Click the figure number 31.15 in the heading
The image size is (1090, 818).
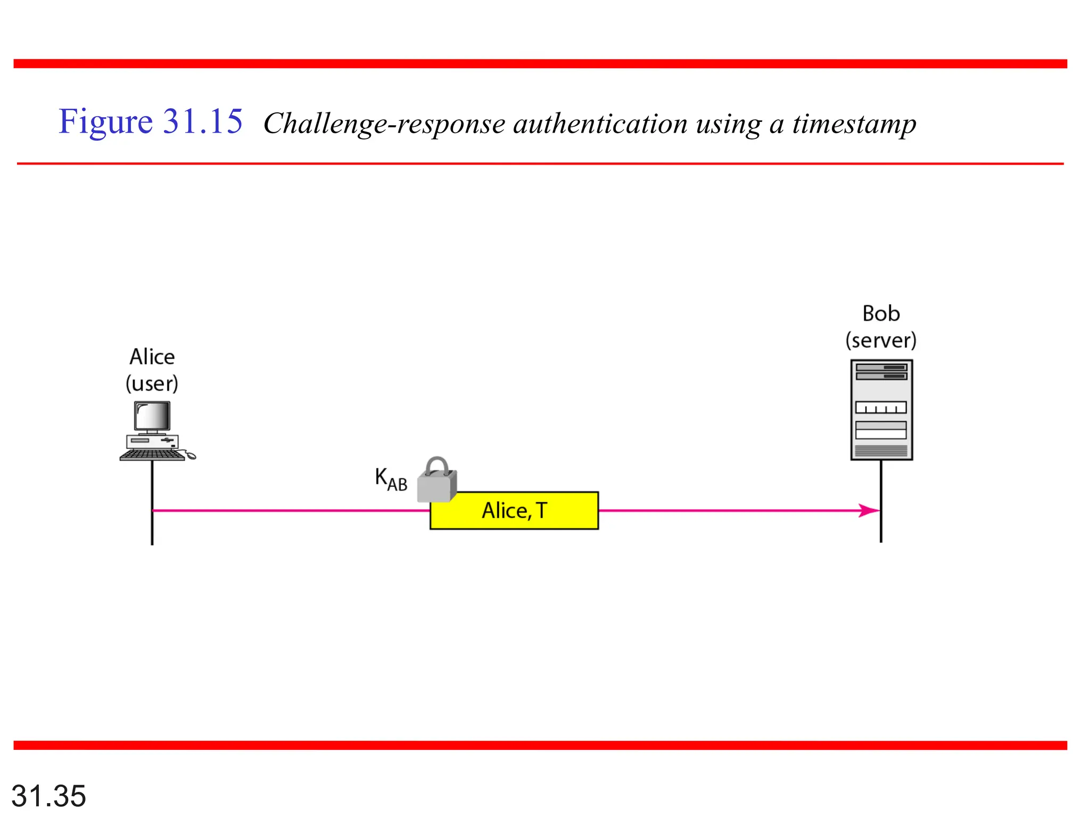203,121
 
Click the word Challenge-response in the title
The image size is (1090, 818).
384,124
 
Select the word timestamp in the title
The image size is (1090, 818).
854,124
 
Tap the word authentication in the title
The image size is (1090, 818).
600,123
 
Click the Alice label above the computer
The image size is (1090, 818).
152,357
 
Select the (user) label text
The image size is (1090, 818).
152,383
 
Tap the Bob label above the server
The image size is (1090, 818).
881,314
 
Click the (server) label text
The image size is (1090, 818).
881,340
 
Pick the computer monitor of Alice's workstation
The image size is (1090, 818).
152,416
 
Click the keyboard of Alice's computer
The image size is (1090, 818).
152,455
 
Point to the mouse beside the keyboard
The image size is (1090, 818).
191,456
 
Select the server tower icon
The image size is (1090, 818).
881,410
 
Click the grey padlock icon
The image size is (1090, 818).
437,481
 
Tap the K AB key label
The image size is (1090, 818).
391,479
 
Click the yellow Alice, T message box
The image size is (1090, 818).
514,510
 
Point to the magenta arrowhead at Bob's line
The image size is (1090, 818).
869,511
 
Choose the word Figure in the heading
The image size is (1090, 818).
105,122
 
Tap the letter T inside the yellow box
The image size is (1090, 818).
542,510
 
